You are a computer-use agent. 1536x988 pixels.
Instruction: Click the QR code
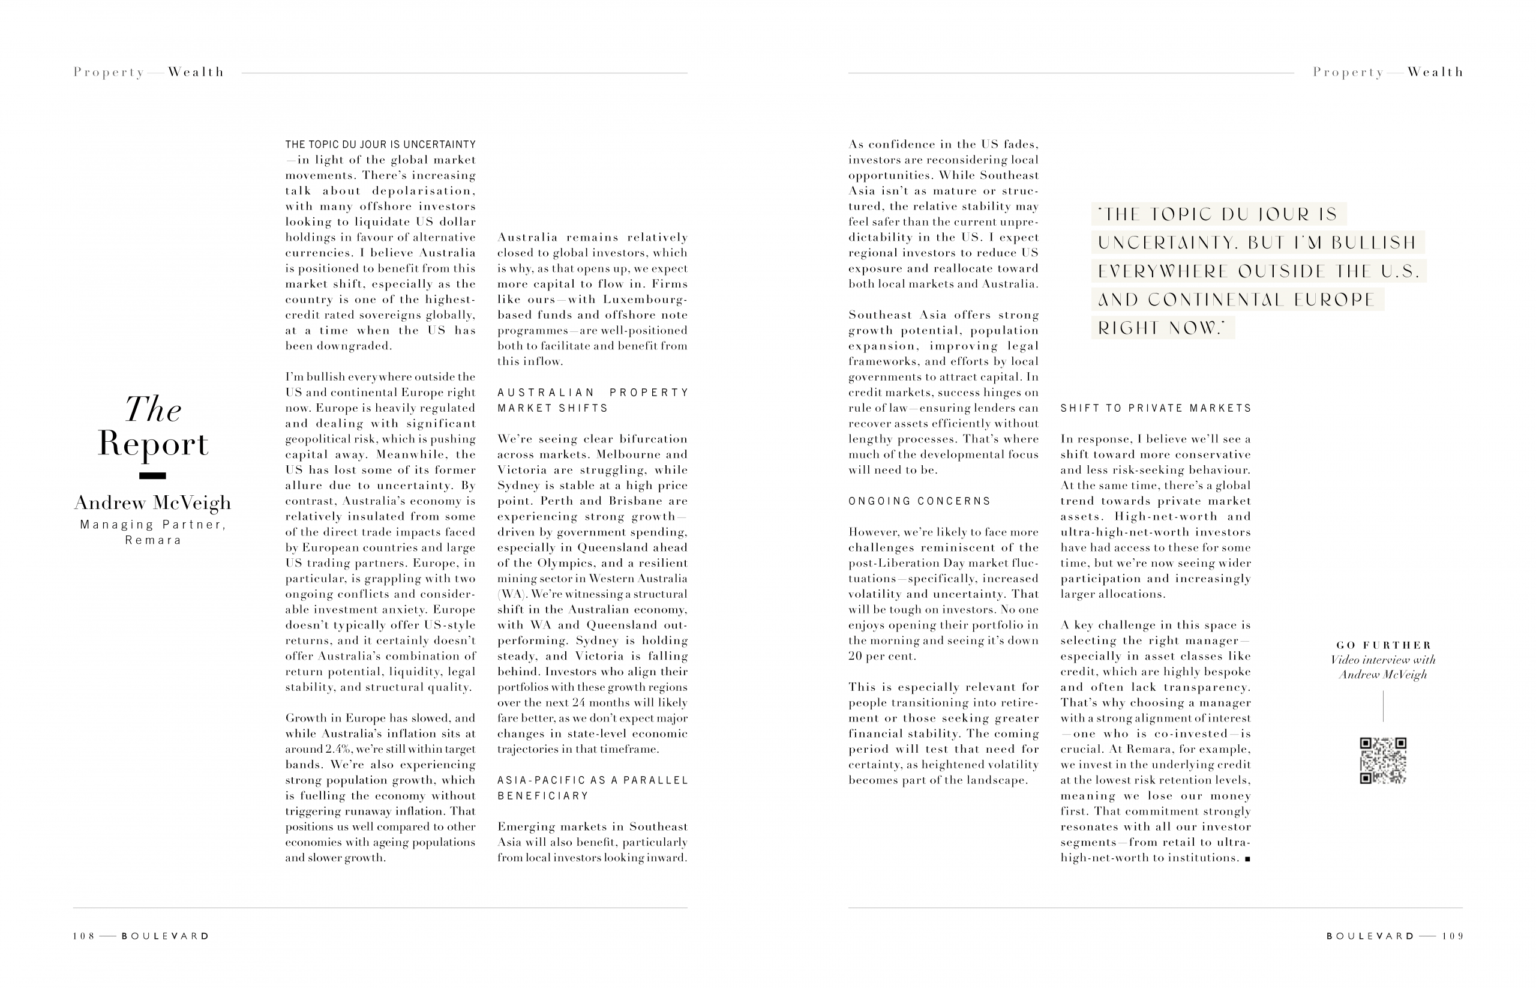click(1383, 761)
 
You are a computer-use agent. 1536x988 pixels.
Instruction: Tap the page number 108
click(83, 936)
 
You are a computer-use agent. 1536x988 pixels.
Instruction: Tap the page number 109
click(1453, 936)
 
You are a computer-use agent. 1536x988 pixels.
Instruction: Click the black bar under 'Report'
click(152, 475)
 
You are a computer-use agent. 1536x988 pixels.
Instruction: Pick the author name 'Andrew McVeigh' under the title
click(152, 502)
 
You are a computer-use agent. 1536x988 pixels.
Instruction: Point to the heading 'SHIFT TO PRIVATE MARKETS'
click(1156, 408)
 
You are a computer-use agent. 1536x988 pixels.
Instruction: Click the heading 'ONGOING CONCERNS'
click(919, 501)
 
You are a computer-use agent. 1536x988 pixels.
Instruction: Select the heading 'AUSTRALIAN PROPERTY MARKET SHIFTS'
click(592, 400)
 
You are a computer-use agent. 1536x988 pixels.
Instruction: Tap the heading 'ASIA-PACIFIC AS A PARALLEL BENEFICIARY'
click(592, 788)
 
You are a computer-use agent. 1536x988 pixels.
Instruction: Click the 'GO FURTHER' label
click(1384, 645)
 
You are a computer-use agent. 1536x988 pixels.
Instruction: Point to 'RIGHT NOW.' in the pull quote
click(1162, 328)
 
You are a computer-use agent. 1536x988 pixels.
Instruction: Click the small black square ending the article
click(1247, 859)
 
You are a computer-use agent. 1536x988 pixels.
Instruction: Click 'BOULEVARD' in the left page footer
click(166, 936)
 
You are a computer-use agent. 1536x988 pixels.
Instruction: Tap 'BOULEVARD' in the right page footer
click(1370, 936)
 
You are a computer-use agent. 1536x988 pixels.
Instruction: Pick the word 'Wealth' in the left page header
click(196, 72)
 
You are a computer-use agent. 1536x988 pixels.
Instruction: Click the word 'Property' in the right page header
click(1348, 72)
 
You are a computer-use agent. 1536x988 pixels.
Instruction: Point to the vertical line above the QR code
click(1383, 706)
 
